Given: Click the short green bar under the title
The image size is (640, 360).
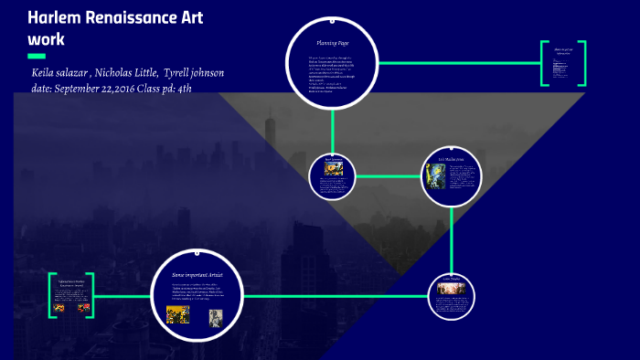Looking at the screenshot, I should [37, 57].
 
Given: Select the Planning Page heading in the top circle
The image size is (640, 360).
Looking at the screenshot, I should [332, 43].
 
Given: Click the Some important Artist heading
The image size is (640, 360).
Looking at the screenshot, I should [198, 274].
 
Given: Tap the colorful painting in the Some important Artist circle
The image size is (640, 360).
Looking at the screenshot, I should [177, 314].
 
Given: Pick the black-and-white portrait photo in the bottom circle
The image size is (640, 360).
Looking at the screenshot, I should [215, 317].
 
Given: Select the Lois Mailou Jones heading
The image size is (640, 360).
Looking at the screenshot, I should [450, 159].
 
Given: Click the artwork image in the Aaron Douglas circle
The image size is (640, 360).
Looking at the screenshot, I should [331, 169].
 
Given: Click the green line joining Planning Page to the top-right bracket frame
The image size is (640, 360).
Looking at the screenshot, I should [457, 64].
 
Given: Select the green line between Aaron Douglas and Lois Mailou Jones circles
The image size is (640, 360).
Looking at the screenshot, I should [389, 175].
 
